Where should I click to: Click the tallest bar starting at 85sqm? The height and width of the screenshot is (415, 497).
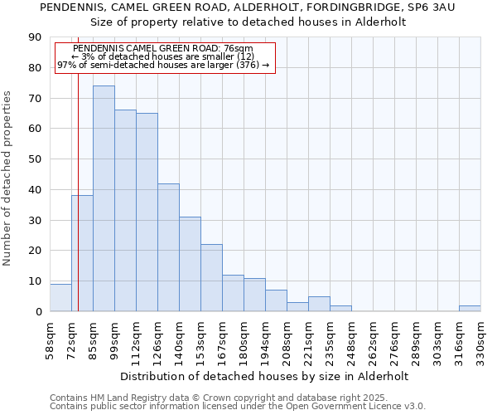click(104, 199)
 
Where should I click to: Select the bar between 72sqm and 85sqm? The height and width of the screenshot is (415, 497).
click(82, 253)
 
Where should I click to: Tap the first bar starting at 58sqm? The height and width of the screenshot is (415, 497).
click(60, 297)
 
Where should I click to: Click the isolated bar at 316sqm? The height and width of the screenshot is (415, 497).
click(469, 308)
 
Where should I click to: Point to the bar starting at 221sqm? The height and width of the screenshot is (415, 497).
click(319, 304)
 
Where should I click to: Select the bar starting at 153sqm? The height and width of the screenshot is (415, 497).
click(211, 278)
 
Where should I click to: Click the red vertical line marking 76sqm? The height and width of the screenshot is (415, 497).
click(78, 207)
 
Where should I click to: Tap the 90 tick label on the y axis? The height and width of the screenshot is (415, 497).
click(35, 37)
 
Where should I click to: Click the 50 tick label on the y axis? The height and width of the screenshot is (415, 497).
click(35, 159)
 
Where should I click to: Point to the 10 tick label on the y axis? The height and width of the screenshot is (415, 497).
click(35, 281)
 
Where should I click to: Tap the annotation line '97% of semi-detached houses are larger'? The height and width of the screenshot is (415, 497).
click(163, 65)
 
